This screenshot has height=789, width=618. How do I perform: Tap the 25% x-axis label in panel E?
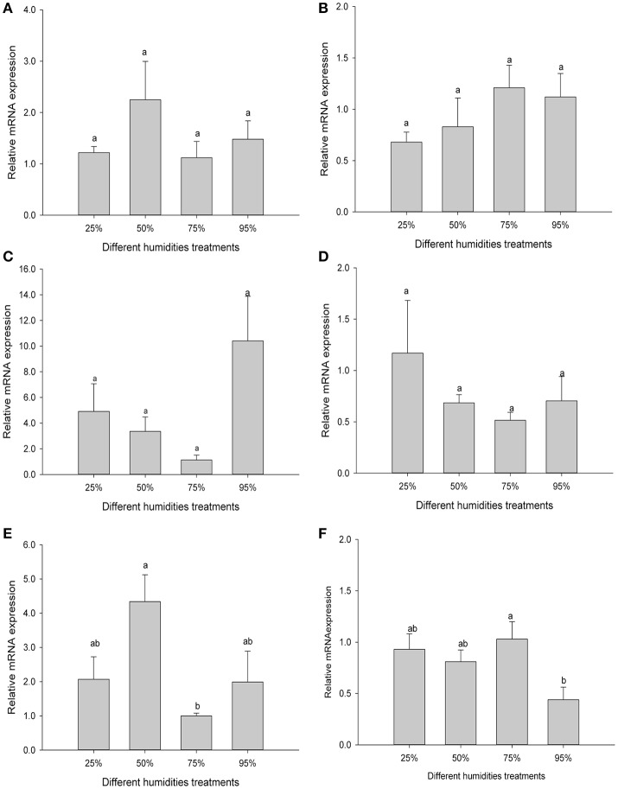(x=94, y=765)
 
